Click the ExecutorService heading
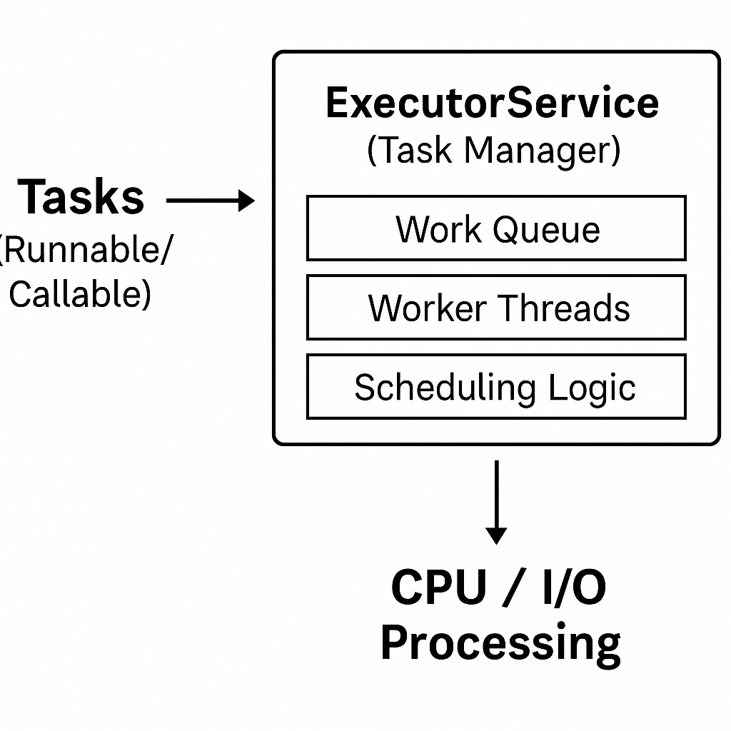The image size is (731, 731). click(493, 103)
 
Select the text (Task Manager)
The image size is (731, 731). click(493, 151)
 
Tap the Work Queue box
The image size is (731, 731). click(496, 228)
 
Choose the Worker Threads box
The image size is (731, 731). click(496, 308)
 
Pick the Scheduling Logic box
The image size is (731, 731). click(496, 387)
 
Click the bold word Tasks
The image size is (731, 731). click(81, 197)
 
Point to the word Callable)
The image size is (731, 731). click(80, 293)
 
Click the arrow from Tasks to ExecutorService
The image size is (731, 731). click(210, 201)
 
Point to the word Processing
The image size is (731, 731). click(500, 642)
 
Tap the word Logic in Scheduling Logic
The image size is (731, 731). click(592, 388)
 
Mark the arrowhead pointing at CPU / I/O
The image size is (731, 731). click(496, 535)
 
